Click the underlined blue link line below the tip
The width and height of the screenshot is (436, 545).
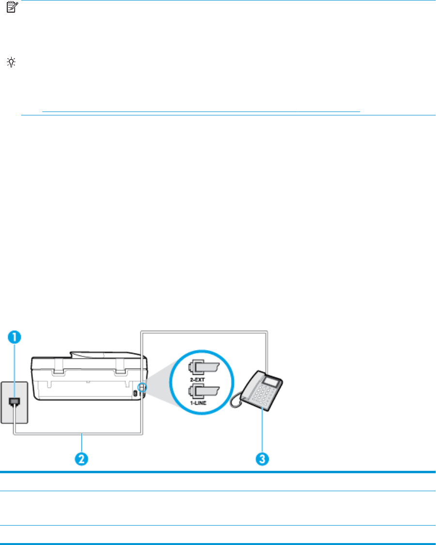coord(201,112)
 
